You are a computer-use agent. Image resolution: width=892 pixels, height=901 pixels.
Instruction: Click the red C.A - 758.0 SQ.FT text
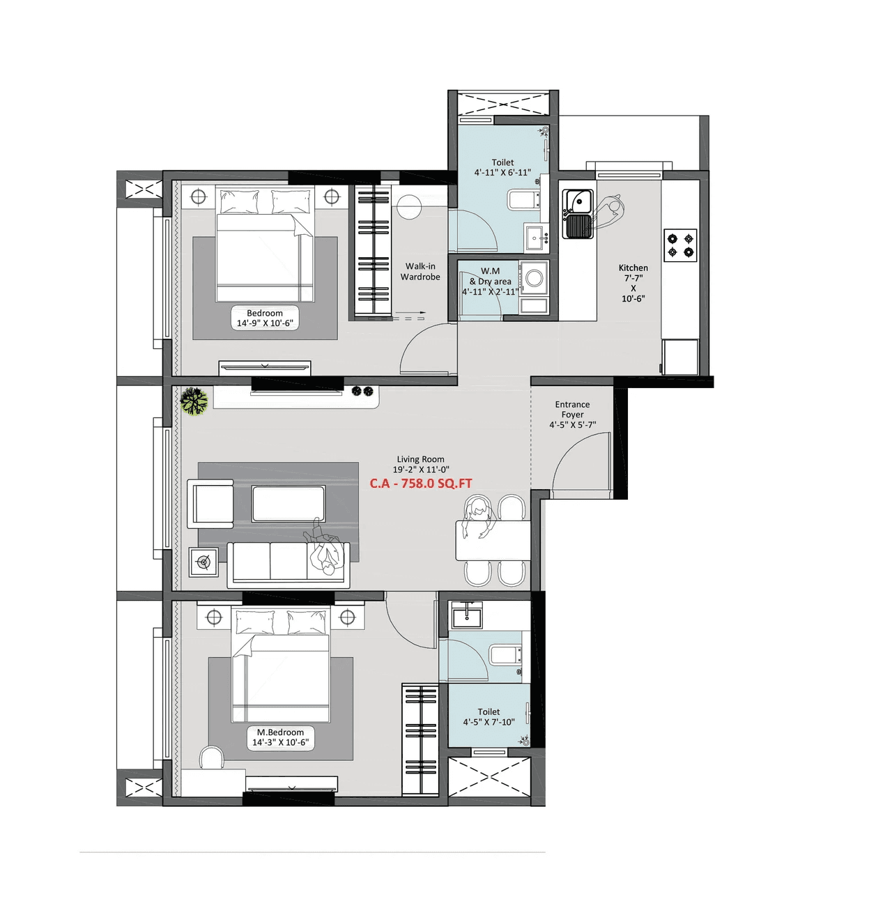pos(420,483)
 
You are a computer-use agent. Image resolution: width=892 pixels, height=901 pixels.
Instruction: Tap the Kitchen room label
pos(633,268)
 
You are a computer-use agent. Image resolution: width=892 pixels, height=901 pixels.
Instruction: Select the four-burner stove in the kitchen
pos(680,245)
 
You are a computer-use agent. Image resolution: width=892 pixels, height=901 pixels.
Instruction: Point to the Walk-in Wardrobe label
pos(420,272)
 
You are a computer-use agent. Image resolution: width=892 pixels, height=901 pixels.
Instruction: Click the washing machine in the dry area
pos(535,278)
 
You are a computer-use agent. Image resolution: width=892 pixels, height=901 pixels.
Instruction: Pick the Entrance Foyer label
pos(572,409)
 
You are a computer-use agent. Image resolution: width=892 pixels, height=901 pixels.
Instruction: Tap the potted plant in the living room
pos(194,402)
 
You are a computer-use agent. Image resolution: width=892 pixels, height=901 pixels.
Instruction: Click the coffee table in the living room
pos(289,504)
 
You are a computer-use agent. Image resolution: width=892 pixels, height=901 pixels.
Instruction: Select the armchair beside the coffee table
pos(211,503)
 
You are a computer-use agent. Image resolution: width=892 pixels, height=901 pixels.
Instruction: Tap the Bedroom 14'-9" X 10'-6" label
pos(265,318)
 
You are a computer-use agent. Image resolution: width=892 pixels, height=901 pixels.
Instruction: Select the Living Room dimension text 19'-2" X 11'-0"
pos(421,470)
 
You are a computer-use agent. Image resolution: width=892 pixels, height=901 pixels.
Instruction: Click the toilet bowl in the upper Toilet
pos(523,200)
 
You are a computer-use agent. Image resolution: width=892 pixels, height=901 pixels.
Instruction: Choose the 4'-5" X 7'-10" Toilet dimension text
pos(489,722)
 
